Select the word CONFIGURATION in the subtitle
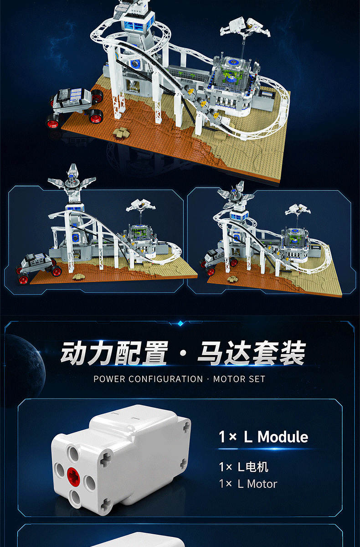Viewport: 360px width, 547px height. [165, 379]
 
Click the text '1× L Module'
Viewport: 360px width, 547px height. [263, 437]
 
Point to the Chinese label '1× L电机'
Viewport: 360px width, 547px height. [244, 467]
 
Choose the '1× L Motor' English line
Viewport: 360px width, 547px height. [248, 484]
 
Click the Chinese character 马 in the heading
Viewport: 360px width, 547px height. [211, 353]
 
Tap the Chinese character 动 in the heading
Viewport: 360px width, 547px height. [74, 353]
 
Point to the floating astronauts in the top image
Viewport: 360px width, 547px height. [245, 27]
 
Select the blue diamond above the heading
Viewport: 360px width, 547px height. [180, 324]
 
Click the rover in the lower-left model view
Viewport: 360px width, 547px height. [39, 268]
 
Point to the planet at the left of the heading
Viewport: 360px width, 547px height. [23, 369]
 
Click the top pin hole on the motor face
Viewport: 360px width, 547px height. [73, 454]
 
